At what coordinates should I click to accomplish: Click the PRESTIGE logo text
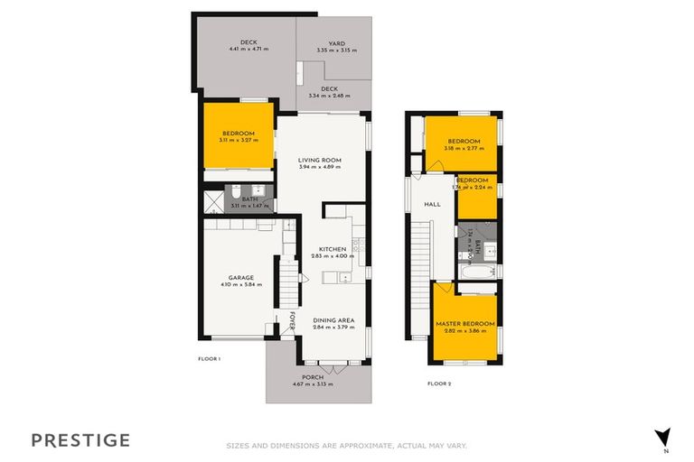click(x=80, y=440)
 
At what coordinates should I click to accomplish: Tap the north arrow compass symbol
click(x=663, y=437)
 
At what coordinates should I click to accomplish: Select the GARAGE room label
click(x=240, y=277)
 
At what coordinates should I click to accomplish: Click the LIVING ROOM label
click(x=323, y=161)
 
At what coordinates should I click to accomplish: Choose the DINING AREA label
click(x=333, y=320)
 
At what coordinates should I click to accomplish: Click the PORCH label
click(x=313, y=377)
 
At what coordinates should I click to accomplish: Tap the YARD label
click(x=337, y=43)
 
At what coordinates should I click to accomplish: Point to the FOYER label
click(x=292, y=321)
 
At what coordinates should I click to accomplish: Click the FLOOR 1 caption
click(x=210, y=358)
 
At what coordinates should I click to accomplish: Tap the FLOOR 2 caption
click(x=438, y=383)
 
